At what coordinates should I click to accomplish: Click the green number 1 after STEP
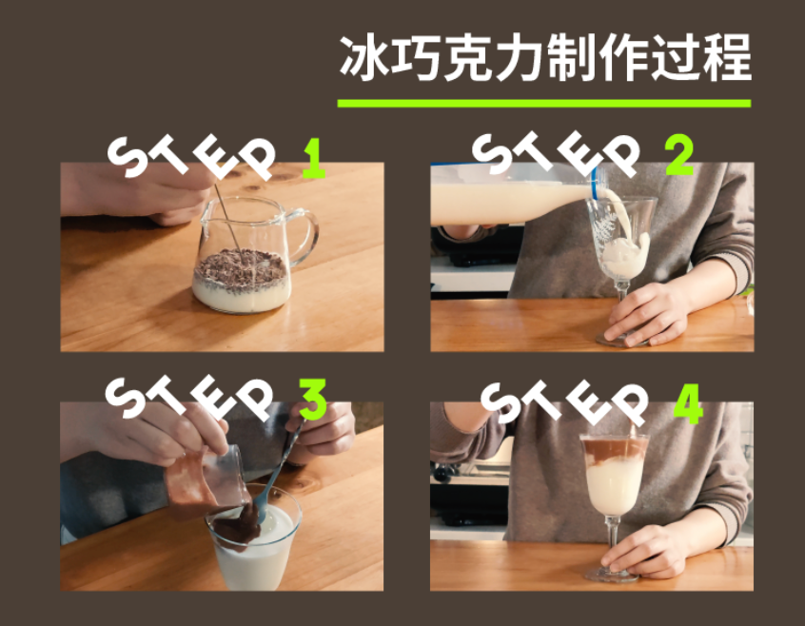point(314,159)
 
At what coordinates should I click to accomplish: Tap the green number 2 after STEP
point(678,153)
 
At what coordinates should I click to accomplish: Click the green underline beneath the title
point(544,103)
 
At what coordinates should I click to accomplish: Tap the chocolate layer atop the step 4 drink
point(613,449)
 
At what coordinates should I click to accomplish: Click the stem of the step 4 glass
point(613,540)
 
